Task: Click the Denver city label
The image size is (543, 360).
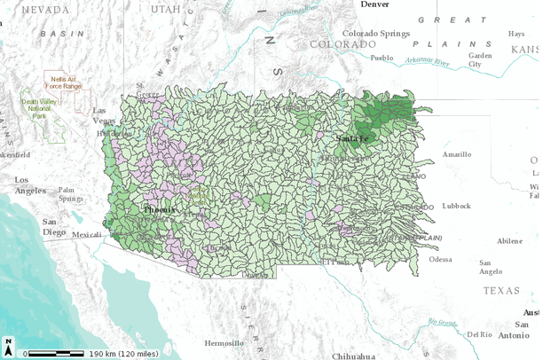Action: tap(374, 4)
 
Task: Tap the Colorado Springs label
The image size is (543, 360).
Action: tap(376, 34)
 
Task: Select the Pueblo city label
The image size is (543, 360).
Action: tap(381, 58)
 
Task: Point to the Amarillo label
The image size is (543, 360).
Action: tap(457, 153)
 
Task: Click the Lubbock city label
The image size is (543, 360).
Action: tap(457, 206)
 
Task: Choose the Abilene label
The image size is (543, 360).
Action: tap(510, 240)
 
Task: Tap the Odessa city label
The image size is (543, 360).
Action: tap(441, 259)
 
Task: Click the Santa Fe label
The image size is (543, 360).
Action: tap(352, 138)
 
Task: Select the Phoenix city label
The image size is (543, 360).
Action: tap(161, 208)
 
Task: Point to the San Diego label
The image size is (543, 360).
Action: tap(54, 226)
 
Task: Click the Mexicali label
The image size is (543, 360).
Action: tap(87, 235)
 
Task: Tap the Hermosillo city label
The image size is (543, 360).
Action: tap(223, 342)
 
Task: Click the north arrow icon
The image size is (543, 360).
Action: tap(8, 346)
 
